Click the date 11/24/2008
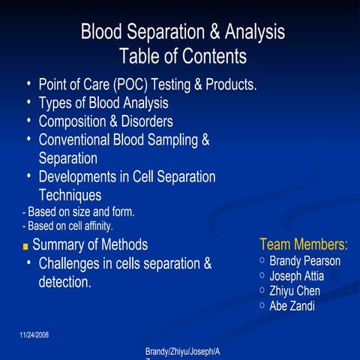[34, 334]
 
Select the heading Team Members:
[304, 244]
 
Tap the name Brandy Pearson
[304, 261]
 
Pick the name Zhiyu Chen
[295, 291]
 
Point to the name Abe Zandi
[292, 306]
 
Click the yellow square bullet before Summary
[25, 246]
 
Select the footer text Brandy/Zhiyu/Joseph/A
[187, 351]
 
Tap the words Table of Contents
[182, 56]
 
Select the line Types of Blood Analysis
[103, 103]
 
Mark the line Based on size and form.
[79, 212]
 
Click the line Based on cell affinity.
[68, 225]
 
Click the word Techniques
[70, 195]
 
